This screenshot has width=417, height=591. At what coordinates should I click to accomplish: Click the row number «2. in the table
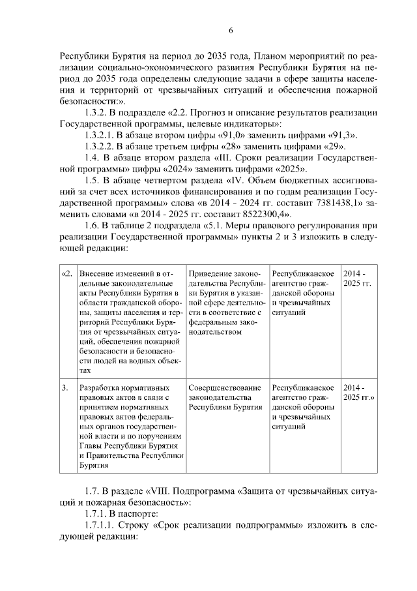(66, 273)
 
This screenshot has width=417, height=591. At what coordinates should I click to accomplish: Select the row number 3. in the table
(65, 387)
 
